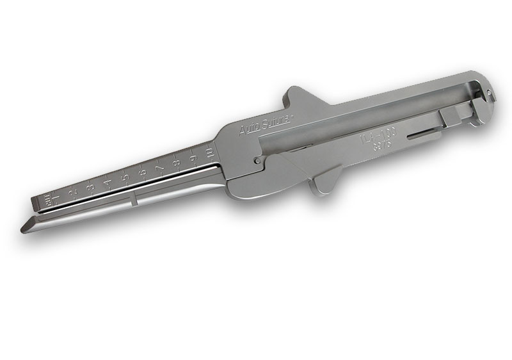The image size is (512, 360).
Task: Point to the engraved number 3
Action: coord(91,186)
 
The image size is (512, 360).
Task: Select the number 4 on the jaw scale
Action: coord(108,182)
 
